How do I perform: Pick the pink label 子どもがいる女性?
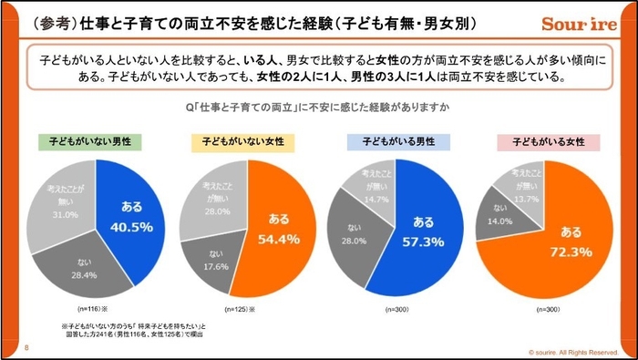(548, 143)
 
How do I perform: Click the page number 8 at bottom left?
(26, 346)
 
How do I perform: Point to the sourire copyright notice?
(573, 351)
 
